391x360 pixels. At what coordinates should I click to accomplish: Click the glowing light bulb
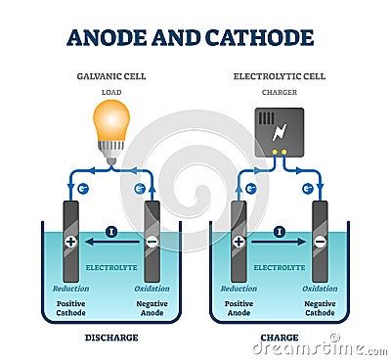(x=110, y=123)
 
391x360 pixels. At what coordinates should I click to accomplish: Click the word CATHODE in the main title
(x=260, y=38)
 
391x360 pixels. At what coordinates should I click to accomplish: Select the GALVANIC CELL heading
(x=111, y=75)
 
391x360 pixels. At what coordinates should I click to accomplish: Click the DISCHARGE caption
(x=111, y=337)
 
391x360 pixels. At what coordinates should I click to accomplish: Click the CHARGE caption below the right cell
(x=280, y=337)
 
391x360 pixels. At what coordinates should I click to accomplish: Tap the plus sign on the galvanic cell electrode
(x=70, y=241)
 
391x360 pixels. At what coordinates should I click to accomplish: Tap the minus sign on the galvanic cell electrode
(x=152, y=241)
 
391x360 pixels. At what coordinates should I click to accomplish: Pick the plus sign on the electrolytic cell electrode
(x=239, y=241)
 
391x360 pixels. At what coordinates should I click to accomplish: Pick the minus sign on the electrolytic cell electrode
(x=321, y=241)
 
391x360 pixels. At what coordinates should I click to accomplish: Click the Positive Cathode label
(x=70, y=308)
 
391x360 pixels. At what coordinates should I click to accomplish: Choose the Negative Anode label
(x=152, y=308)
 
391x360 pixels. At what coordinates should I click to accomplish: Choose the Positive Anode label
(x=239, y=308)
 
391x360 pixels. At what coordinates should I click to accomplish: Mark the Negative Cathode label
(x=320, y=308)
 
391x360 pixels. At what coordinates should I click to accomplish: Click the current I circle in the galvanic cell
(x=111, y=232)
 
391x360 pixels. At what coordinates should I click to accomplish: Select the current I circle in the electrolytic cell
(x=280, y=232)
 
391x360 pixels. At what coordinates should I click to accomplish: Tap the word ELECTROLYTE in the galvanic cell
(x=111, y=266)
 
